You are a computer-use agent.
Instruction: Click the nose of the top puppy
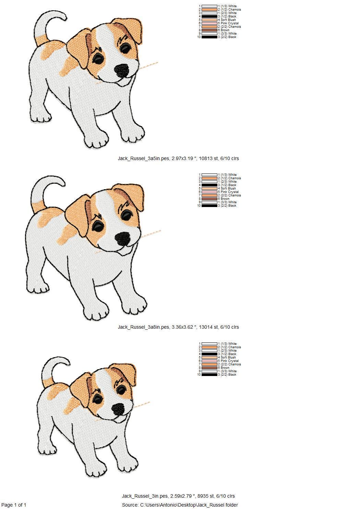coord(121,71)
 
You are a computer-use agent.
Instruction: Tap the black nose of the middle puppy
coord(123,239)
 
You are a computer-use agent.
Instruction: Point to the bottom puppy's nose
coord(118,409)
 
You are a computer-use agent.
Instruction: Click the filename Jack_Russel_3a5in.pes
coord(143,158)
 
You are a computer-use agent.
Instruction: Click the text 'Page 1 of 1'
coord(14,505)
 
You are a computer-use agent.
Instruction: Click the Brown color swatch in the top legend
coord(209,30)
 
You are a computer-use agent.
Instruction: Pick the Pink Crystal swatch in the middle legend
coord(209,192)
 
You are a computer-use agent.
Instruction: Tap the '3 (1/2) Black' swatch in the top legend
coord(209,16)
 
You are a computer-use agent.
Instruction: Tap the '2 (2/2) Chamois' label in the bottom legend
coord(229,364)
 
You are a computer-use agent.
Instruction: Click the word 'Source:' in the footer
coord(130,505)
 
